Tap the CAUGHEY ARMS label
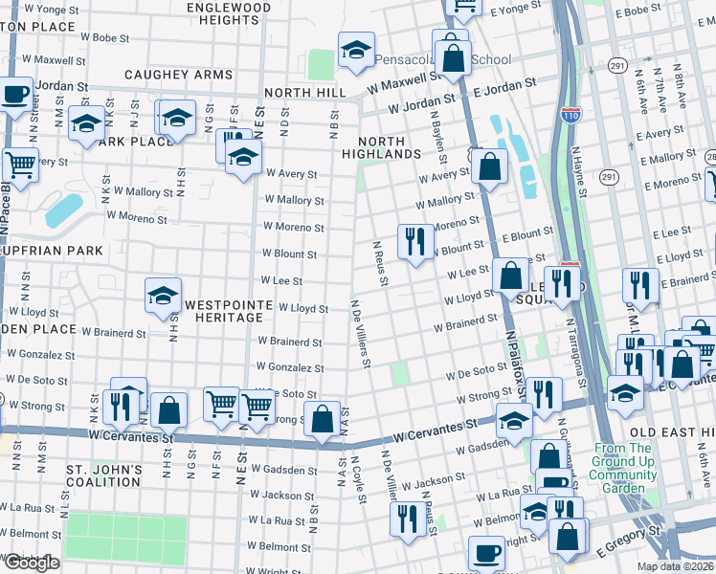pos(178,74)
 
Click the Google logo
pos(31,563)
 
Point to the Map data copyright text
pos(676,566)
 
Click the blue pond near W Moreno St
pos(63,210)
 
